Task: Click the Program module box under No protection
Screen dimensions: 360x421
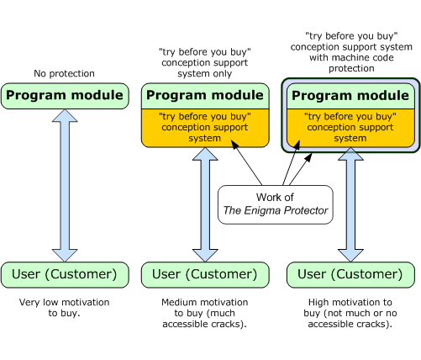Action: tap(65, 95)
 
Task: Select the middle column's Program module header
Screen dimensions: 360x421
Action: tap(205, 95)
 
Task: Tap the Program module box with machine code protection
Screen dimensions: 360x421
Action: tap(350, 95)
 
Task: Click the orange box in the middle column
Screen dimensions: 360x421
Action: tap(205, 127)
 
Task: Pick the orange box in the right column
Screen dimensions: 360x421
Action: tap(350, 127)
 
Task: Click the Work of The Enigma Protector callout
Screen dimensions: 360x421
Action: tap(275, 204)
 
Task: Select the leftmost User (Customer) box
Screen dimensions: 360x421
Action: tap(65, 274)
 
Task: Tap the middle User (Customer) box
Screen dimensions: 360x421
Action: tap(205, 274)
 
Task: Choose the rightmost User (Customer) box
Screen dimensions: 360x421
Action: tap(351, 274)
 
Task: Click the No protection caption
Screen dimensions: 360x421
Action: tap(65, 73)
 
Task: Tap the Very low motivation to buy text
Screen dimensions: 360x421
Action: tap(65, 307)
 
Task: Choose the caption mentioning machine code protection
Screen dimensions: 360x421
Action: tap(350, 52)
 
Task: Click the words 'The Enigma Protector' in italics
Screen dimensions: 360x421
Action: tap(275, 212)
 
